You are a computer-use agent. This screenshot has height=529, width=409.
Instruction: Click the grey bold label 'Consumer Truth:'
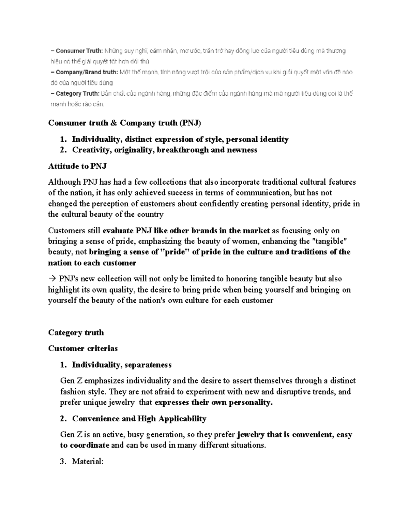79,51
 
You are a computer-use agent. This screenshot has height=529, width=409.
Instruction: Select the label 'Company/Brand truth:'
87,72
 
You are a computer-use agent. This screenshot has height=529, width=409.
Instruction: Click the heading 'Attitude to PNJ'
77,166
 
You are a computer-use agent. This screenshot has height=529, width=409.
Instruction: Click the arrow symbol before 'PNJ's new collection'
52,279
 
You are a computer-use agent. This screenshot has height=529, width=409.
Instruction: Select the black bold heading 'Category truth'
76,332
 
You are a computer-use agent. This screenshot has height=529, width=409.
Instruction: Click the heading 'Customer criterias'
83,348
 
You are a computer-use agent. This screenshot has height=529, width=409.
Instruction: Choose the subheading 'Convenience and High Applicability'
139,419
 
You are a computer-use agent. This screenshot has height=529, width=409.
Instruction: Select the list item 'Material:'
88,462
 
